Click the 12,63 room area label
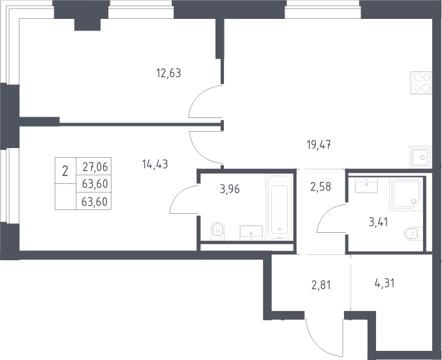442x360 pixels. (168, 73)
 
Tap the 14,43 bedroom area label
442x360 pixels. (155, 164)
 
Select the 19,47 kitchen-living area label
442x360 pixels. (319, 145)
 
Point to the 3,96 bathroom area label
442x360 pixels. (230, 189)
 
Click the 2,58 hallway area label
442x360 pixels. (321, 187)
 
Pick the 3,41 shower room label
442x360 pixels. (379, 222)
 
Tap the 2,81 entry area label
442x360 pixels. (321, 286)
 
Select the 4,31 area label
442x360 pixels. (385, 283)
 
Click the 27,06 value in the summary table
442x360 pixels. (95, 167)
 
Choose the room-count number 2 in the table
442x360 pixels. (65, 171)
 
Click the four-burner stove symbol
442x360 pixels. (420, 83)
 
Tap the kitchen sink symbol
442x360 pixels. (420, 157)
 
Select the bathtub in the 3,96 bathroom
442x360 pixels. (279, 207)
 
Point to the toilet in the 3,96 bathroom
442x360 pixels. (217, 231)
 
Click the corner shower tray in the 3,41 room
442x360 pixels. (406, 194)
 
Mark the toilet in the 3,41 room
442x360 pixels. (413, 233)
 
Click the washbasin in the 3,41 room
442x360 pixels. (366, 185)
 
